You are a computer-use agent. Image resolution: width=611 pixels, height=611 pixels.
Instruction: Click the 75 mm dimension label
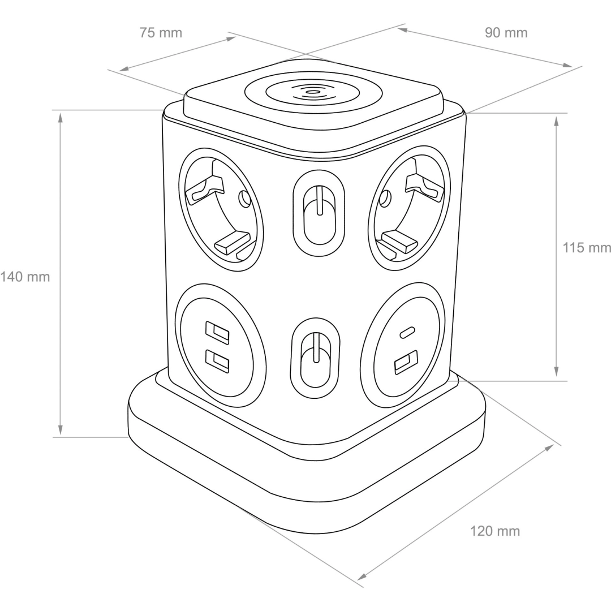tap(161, 33)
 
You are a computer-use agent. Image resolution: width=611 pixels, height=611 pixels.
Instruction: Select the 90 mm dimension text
tap(506, 33)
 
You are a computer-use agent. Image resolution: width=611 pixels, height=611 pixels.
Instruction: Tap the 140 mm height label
tap(25, 277)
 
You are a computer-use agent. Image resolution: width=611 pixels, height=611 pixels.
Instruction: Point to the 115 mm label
tap(587, 247)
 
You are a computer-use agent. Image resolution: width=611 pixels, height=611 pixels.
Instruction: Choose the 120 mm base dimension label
tap(495, 531)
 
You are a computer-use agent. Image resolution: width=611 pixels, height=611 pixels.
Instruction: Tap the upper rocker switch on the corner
tap(319, 213)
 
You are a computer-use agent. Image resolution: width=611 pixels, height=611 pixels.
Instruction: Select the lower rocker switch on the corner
tap(315, 358)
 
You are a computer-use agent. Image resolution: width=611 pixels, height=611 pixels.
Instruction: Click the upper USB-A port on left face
tap(217, 331)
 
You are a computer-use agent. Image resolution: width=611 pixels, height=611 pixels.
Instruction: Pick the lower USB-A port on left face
tap(217, 360)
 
